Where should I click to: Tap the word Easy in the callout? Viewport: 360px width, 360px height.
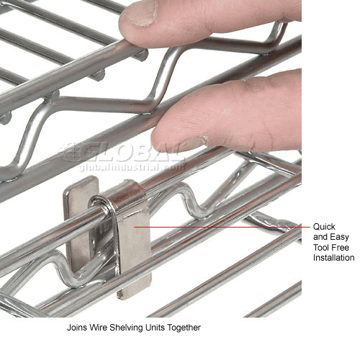[337, 235]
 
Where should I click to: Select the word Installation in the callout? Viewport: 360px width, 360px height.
[334, 257]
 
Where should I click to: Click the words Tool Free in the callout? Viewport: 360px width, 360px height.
[333, 246]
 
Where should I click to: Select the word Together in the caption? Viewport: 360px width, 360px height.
[183, 327]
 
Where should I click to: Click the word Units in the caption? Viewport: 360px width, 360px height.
[153, 327]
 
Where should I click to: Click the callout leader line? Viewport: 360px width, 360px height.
[223, 228]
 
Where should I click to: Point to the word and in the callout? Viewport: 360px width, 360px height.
[320, 235]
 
